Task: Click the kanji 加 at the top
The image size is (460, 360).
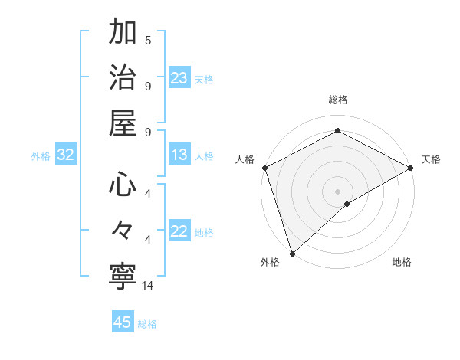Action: pyautogui.click(x=123, y=34)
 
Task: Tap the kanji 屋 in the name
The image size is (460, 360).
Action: pyautogui.click(x=123, y=123)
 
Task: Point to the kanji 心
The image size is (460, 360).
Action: pyautogui.click(x=123, y=185)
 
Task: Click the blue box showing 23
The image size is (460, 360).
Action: pyautogui.click(x=179, y=78)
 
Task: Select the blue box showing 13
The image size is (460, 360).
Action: pyautogui.click(x=179, y=155)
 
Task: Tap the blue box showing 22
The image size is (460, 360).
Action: pyautogui.click(x=179, y=232)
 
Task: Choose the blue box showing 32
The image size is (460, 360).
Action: pyautogui.click(x=66, y=155)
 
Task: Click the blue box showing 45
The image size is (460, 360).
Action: pyautogui.click(x=123, y=322)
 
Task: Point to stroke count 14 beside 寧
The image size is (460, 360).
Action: pyautogui.click(x=148, y=286)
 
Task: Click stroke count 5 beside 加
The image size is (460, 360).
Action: pyautogui.click(x=148, y=40)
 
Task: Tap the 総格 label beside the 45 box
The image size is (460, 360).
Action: pyautogui.click(x=147, y=324)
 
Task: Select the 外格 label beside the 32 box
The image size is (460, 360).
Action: pyautogui.click(x=41, y=156)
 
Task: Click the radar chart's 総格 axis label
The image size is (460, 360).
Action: pyautogui.click(x=338, y=100)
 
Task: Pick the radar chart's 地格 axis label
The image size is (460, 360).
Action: pyautogui.click(x=402, y=262)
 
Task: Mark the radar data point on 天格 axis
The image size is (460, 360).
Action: pyautogui.click(x=411, y=168)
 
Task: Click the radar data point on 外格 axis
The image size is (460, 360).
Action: pyautogui.click(x=292, y=253)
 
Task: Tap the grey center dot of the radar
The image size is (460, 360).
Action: pyautogui.click(x=338, y=191)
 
